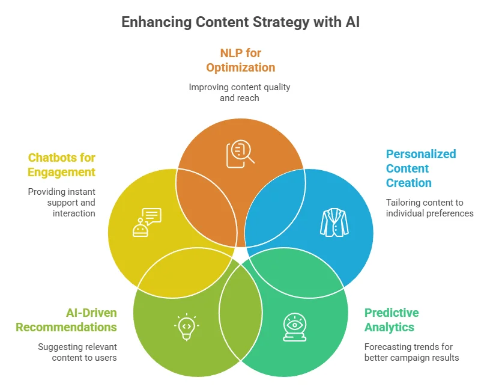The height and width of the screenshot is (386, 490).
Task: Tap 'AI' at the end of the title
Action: [x=352, y=22]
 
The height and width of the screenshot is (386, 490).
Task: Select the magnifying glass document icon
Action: [x=240, y=153]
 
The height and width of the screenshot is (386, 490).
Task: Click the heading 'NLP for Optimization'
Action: [x=240, y=60]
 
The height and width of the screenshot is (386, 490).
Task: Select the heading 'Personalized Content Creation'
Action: [x=420, y=168]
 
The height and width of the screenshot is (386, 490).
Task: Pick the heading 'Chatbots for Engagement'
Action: [x=61, y=165]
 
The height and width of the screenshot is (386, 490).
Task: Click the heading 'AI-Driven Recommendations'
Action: [x=66, y=320]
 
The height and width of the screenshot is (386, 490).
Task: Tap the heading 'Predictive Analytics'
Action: [x=392, y=320]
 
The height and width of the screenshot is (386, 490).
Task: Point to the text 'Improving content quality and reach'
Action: [x=240, y=92]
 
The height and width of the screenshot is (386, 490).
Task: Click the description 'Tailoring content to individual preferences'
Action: [x=429, y=208]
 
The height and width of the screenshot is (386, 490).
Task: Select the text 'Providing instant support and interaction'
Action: [x=61, y=203]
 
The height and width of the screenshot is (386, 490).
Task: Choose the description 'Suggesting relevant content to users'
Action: [x=77, y=352]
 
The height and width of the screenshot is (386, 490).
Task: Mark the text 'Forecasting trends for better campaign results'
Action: [x=411, y=352]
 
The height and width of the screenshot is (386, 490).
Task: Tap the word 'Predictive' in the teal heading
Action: [x=392, y=313]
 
